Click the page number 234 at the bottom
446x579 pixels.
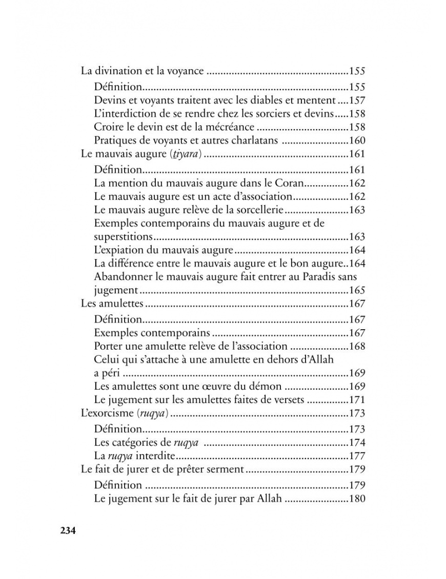[x=68, y=530]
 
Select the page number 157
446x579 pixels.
[x=357, y=101]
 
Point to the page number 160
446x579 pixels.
[x=357, y=141]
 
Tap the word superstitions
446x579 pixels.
[x=124, y=237]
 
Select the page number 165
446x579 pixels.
[x=357, y=291]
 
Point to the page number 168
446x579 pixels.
[x=357, y=346]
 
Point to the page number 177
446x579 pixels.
[x=357, y=456]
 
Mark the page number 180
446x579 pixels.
[x=357, y=498]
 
